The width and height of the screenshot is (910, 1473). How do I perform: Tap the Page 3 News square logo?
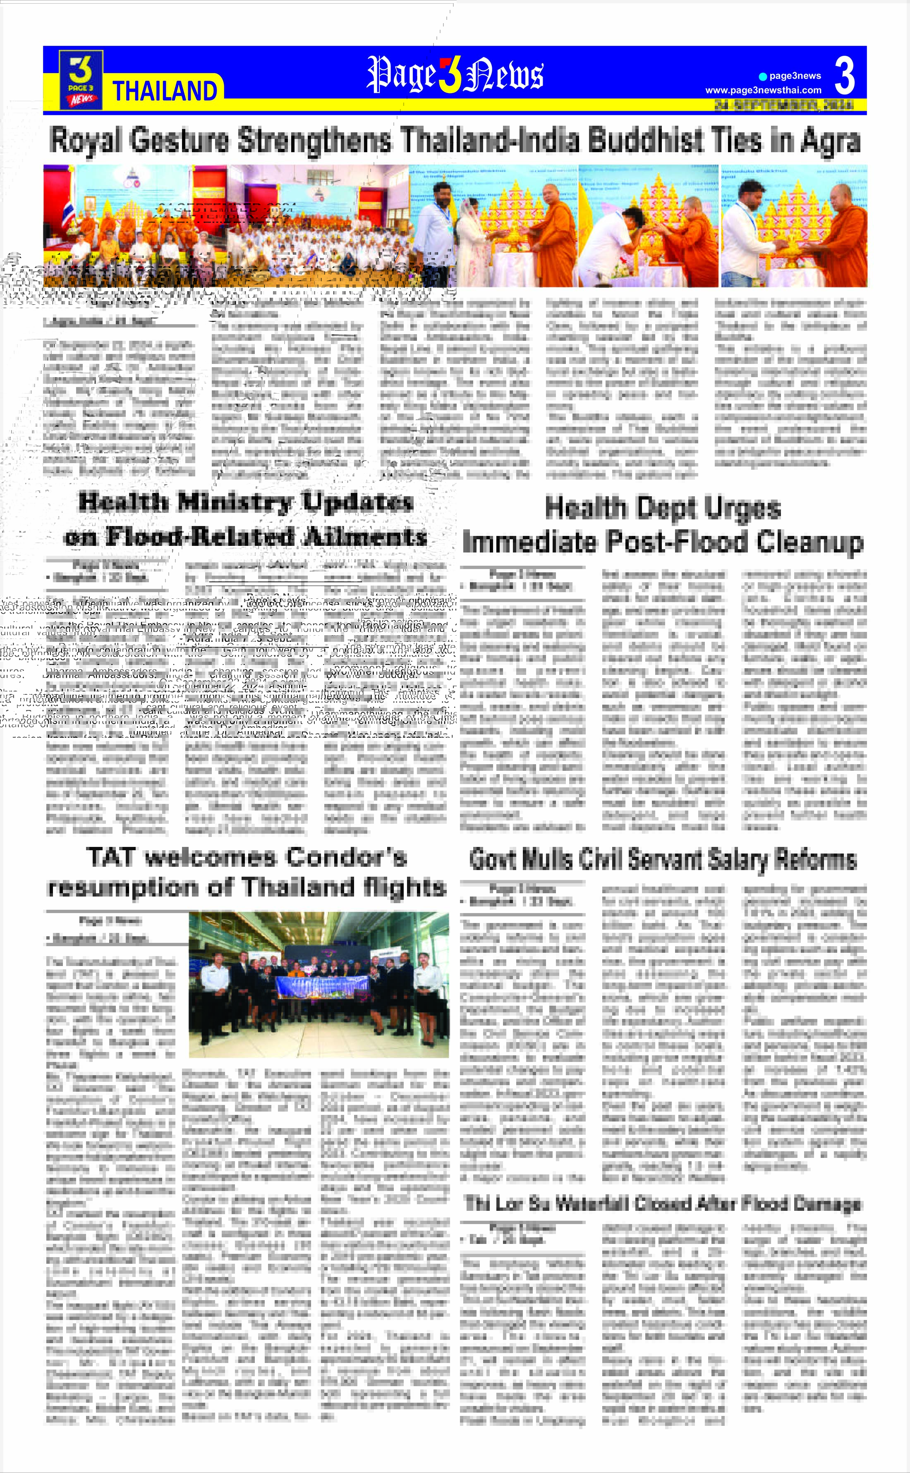click(x=81, y=79)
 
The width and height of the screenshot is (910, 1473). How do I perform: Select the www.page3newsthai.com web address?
click(x=763, y=90)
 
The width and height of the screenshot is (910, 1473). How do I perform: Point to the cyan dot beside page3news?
click(x=763, y=77)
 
